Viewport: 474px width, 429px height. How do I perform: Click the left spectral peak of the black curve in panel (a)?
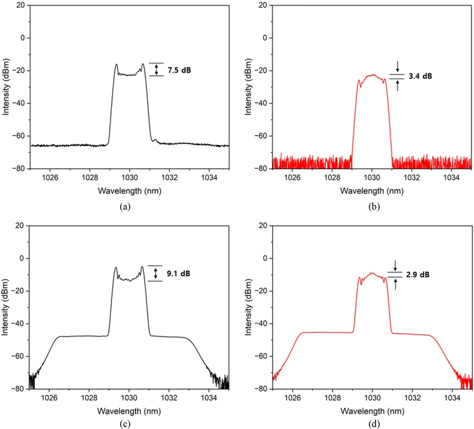pos(116,65)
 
